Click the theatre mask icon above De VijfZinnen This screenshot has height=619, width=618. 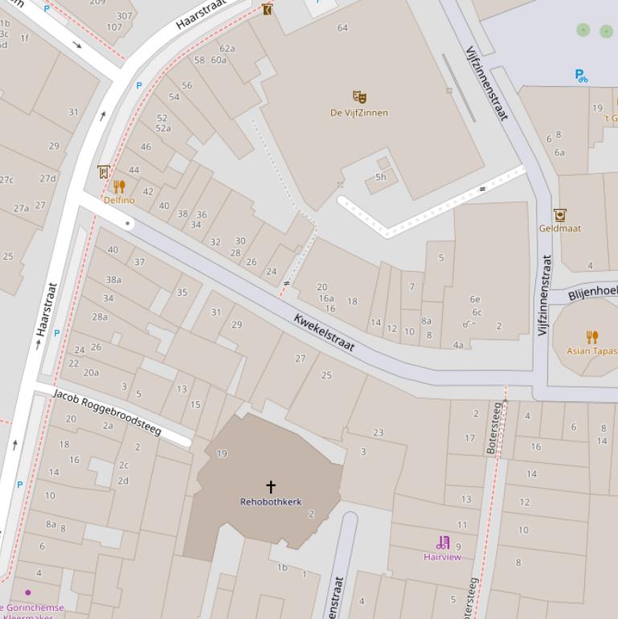359,97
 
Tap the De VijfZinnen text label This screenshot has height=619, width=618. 359,113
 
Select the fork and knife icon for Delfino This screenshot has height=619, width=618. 120,187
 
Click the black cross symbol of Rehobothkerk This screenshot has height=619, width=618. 271,486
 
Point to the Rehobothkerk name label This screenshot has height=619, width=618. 271,502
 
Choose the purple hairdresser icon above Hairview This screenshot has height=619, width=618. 443,543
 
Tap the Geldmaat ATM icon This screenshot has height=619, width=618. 559,215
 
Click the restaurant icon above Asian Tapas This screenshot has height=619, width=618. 592,337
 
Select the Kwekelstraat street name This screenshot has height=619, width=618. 324,332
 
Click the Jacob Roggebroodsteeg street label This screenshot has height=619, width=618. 107,412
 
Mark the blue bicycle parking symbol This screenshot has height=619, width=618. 581,76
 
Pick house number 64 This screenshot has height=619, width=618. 342,28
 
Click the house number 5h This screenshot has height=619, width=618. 381,178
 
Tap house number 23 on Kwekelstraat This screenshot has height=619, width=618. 378,432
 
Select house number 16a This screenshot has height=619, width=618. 325,298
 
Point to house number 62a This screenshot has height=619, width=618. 227,48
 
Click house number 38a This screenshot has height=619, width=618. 113,280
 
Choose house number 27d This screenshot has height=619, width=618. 48,178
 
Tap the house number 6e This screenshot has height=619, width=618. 475,299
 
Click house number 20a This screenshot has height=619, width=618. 91,372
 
